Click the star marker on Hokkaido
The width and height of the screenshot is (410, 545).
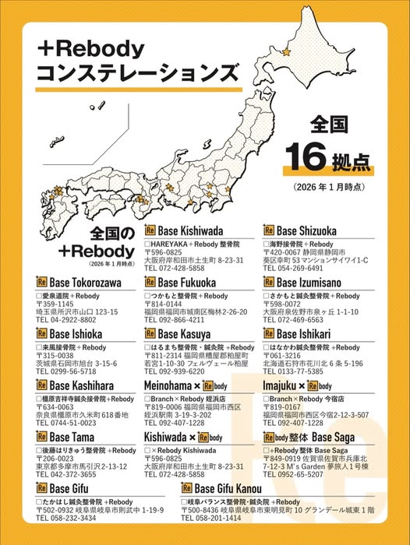[286, 52]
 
